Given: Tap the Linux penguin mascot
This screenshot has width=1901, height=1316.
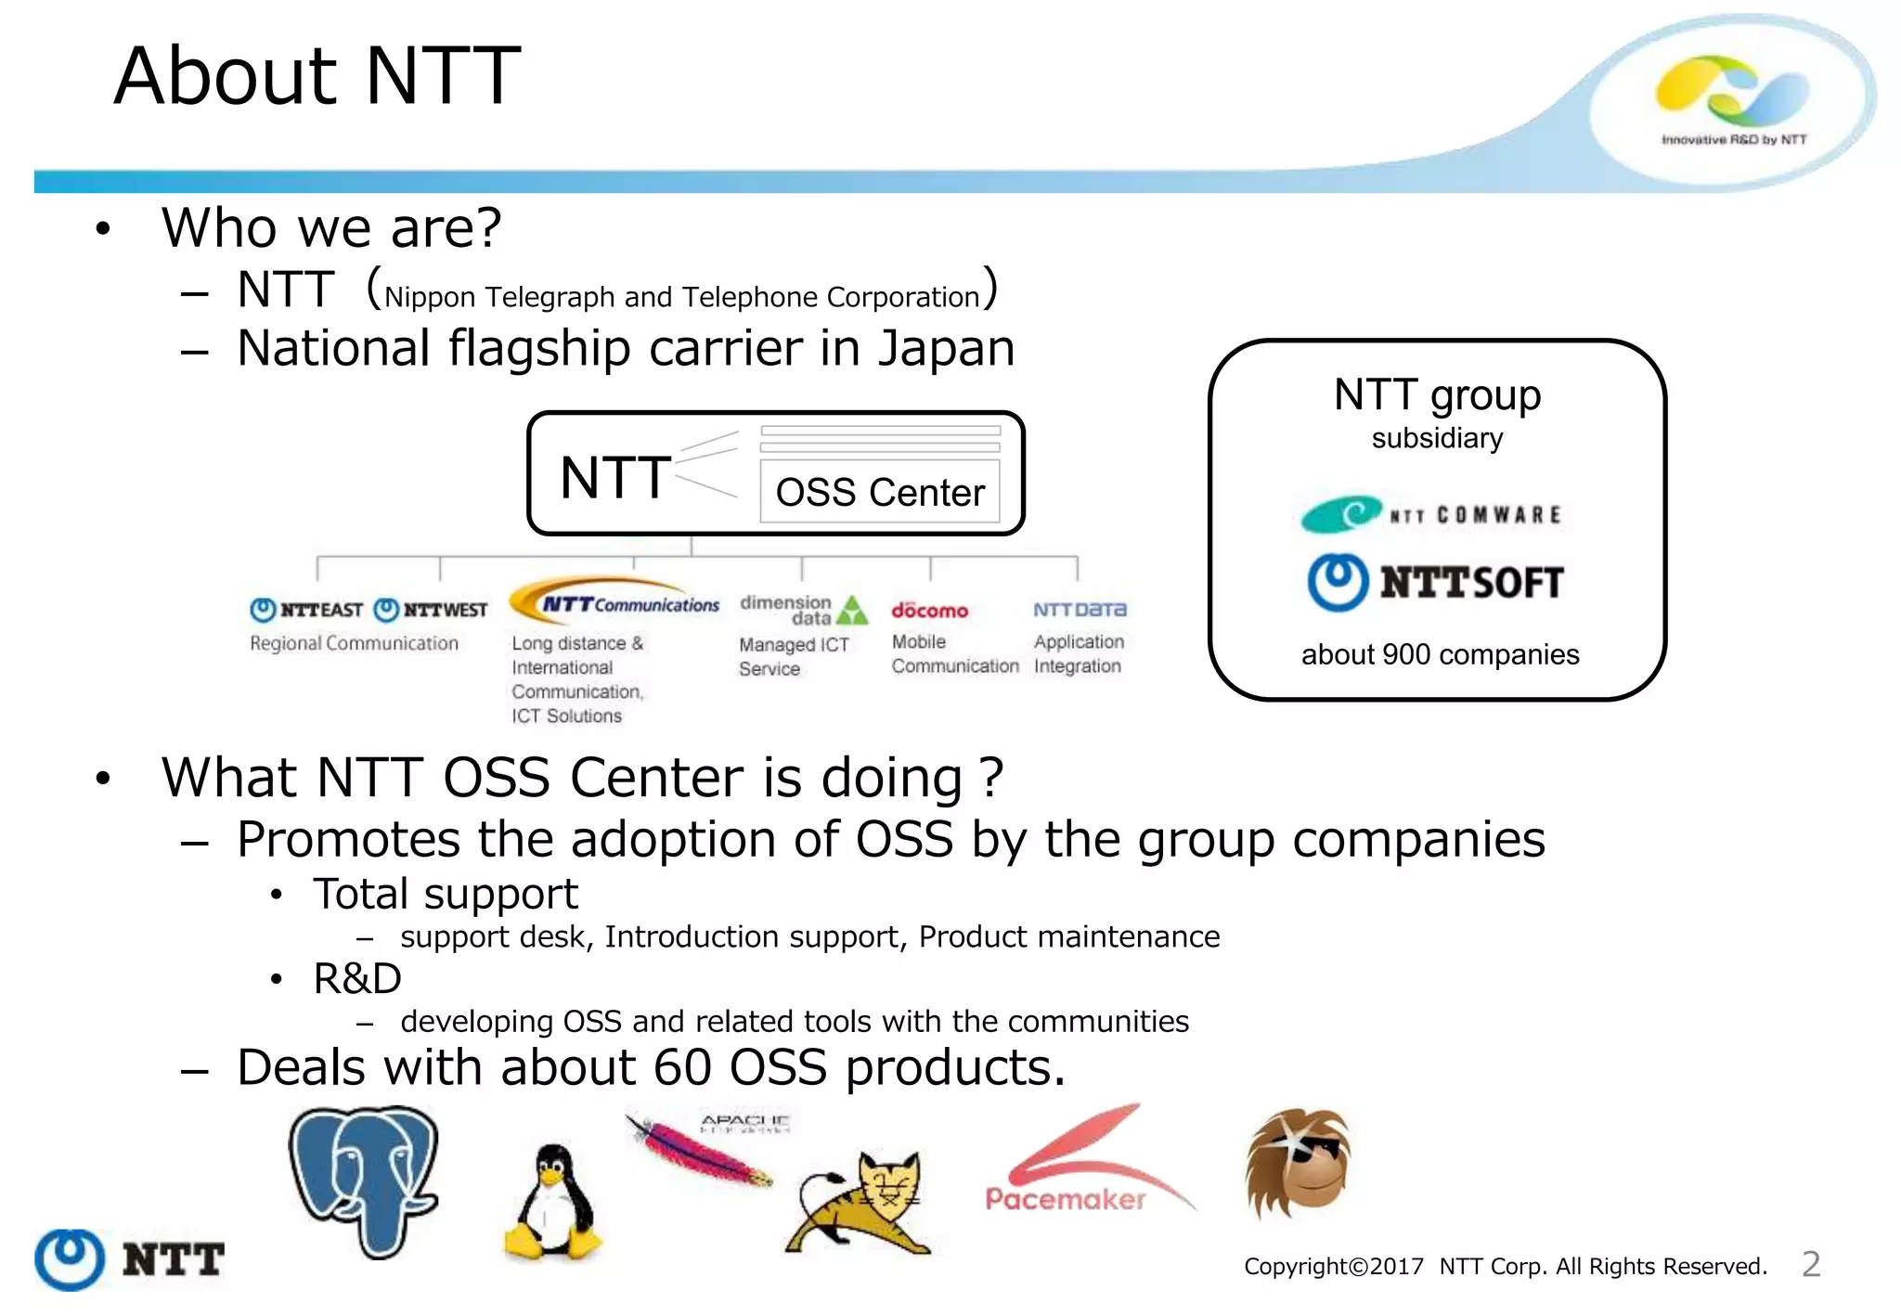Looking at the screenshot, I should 554,1203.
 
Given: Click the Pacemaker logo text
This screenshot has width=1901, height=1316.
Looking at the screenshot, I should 1065,1199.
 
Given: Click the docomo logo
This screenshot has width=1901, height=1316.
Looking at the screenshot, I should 929,611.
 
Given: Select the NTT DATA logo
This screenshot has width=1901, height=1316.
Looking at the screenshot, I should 1080,610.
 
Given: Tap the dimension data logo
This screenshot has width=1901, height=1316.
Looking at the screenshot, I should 803,610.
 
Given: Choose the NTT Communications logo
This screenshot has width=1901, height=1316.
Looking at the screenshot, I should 616,602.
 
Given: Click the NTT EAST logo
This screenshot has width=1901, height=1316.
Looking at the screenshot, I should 306,610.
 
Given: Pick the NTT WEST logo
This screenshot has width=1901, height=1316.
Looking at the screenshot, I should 431,610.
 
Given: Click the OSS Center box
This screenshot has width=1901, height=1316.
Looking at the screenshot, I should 880,491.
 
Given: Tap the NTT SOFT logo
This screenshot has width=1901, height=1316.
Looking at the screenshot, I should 1436,582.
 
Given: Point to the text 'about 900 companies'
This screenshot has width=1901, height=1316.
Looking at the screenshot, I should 1440,654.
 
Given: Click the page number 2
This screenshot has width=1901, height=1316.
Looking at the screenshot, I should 1811,1264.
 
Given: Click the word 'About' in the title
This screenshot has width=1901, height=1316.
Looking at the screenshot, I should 226,76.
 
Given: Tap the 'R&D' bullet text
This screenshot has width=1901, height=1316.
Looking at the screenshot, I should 357,979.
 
